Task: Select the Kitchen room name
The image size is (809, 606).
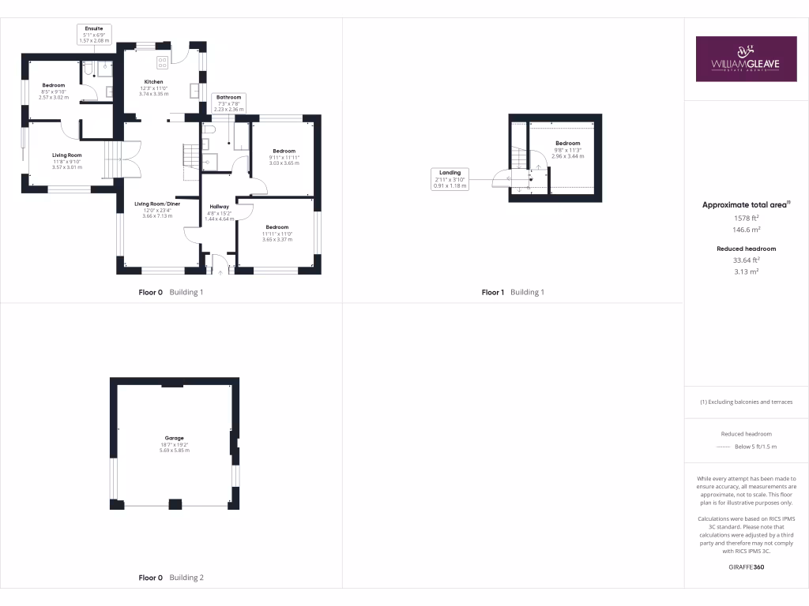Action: pos(153,82)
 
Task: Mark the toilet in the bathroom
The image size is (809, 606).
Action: pos(210,128)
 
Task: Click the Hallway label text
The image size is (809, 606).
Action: pos(219,207)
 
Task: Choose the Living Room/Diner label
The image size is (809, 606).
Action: pos(157,204)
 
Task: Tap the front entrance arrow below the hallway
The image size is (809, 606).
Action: pos(220,270)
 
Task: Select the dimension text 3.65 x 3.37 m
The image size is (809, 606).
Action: pos(277,239)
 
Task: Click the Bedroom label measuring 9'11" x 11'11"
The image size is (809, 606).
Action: pos(284,151)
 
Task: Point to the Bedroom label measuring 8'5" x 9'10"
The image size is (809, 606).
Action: pos(54,85)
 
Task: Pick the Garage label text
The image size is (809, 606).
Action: pos(174,438)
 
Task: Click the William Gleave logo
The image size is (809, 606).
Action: pos(746,58)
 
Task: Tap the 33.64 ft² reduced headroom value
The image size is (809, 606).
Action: pos(746,260)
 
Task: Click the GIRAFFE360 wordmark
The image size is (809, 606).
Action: pos(746,567)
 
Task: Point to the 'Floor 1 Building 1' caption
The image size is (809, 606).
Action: pos(513,292)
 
